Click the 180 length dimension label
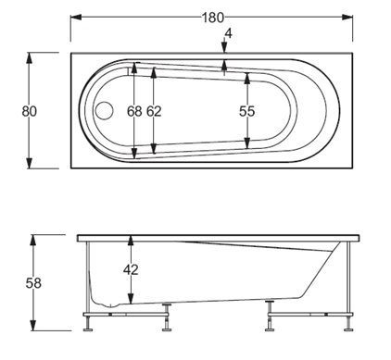212,18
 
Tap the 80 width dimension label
30,111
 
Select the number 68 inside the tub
134,111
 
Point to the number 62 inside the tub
154,111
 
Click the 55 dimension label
246,111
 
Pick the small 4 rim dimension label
228,33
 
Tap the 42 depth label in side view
131,270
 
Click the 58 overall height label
33,283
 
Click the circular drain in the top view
105,110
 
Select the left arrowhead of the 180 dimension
76,18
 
